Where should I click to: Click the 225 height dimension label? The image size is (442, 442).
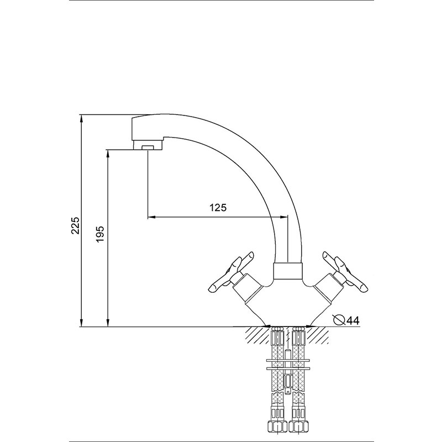click(x=76, y=225)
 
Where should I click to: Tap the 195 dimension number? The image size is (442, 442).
click(x=101, y=234)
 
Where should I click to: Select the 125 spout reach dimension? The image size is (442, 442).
click(x=218, y=208)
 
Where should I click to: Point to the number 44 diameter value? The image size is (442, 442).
click(x=353, y=320)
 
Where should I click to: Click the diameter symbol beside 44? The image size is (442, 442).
click(x=339, y=320)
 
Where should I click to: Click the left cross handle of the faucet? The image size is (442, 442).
click(x=231, y=271)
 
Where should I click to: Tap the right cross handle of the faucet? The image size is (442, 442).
click(x=345, y=271)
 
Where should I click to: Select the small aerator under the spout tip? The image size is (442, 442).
click(x=148, y=147)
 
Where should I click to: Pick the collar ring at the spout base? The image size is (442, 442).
click(x=288, y=271)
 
